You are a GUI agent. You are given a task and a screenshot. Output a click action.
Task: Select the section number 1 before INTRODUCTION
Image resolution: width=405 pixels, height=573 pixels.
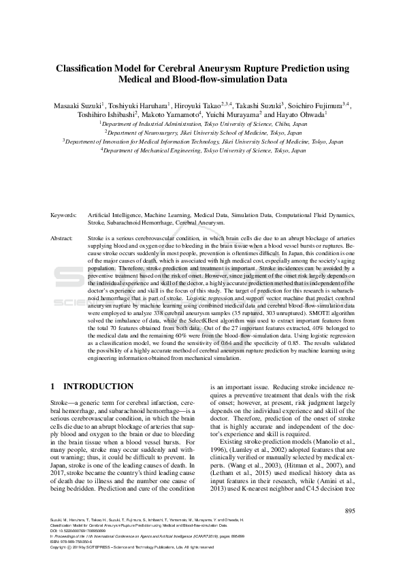coord(54,387)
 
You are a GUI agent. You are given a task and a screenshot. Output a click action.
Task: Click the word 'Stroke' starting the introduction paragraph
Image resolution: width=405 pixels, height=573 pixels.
coord(61,404)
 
